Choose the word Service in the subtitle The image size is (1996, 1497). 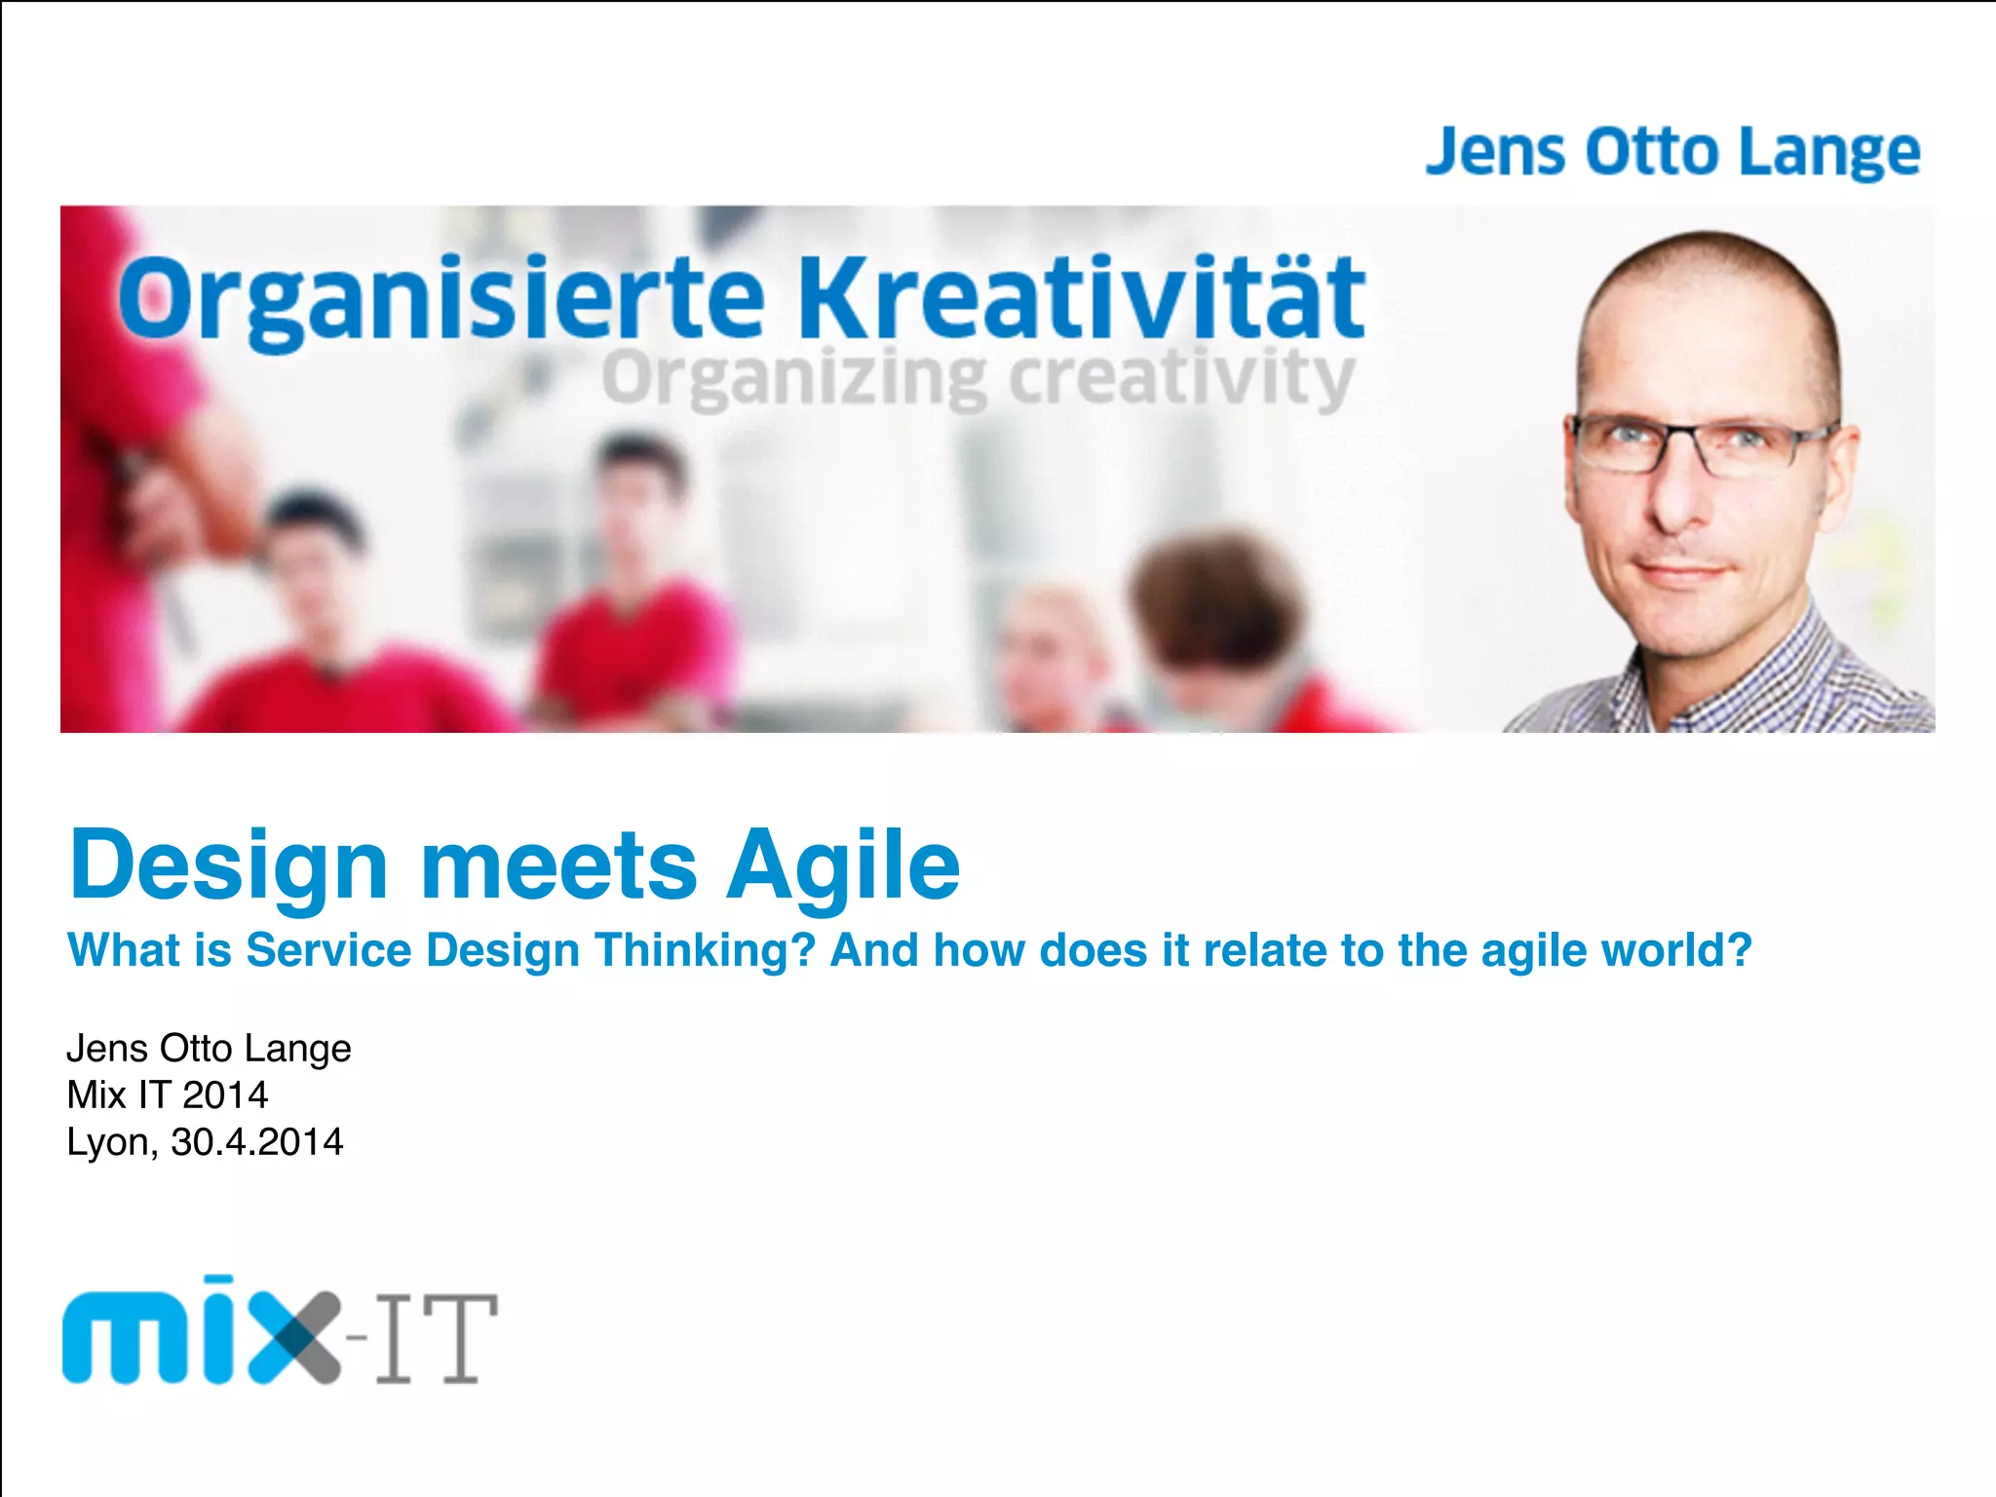click(x=328, y=950)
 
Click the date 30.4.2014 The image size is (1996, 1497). click(x=257, y=1142)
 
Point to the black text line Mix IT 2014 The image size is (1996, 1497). click(x=167, y=1095)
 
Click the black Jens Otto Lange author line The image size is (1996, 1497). click(x=209, y=1049)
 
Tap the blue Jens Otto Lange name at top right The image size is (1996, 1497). click(x=1672, y=152)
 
